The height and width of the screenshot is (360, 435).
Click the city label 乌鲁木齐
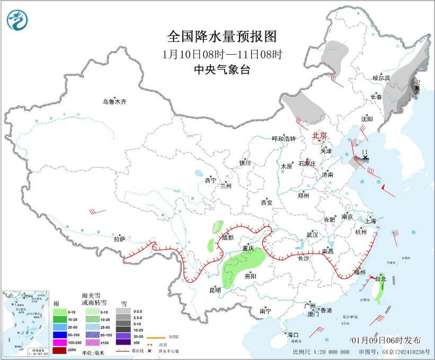pyautogui.click(x=115, y=102)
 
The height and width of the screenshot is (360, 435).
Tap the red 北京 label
pyautogui.click(x=320, y=135)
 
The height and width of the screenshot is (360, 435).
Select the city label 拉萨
pyautogui.click(x=119, y=239)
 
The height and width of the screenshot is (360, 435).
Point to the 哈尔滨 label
pyautogui.click(x=381, y=78)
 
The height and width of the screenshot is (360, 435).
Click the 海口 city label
pyautogui.click(x=293, y=335)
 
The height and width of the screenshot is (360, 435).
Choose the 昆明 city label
pyautogui.click(x=215, y=290)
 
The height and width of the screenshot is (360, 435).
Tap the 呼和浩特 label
pyautogui.click(x=283, y=139)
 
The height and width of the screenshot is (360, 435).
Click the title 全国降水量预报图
pyautogui.click(x=222, y=37)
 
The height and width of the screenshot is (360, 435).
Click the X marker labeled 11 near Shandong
pyautogui.click(x=365, y=157)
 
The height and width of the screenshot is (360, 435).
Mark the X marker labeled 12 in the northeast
pyautogui.click(x=416, y=88)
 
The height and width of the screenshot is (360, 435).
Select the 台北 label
pyautogui.click(x=381, y=278)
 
